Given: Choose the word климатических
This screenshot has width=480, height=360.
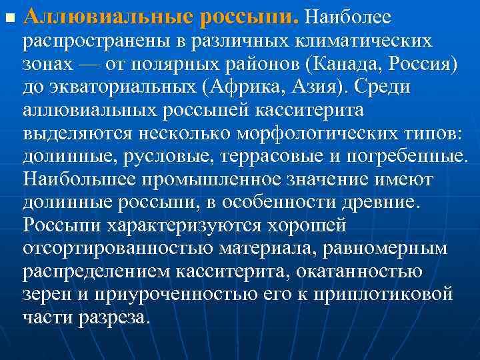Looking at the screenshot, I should (x=360, y=41).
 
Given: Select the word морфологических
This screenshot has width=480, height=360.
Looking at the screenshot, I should (x=309, y=133).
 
